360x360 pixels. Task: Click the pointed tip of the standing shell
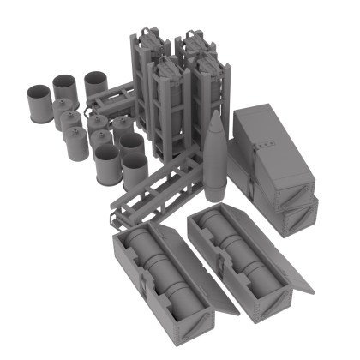(214, 114)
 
